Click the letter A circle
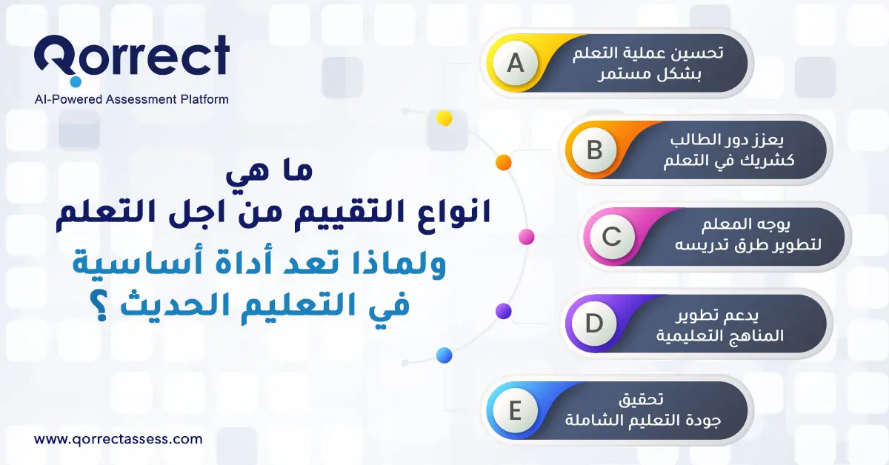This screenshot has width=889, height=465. [515, 64]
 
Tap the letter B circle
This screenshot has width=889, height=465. [595, 150]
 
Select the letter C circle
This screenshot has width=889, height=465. [611, 237]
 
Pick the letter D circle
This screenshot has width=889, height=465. [595, 324]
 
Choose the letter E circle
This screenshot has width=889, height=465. [515, 410]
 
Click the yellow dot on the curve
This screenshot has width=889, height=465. [444, 118]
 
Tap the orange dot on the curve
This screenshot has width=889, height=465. [503, 162]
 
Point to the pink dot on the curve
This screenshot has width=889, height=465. [527, 237]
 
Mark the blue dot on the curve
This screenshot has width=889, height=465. [444, 355]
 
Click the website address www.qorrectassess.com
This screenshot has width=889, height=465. [119, 438]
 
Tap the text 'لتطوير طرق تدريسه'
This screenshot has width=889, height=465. [750, 247]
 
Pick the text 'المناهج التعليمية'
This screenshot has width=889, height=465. [720, 335]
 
